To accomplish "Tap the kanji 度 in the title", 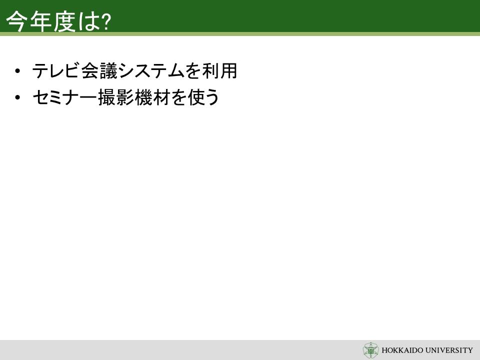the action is pyautogui.click(x=64, y=21).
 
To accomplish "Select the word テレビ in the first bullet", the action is pyautogui.click(x=54, y=70).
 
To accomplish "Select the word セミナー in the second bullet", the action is pyautogui.click(x=65, y=97).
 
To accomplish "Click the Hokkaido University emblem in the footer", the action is pyautogui.click(x=370, y=350).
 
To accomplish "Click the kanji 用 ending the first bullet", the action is pyautogui.click(x=228, y=70).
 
